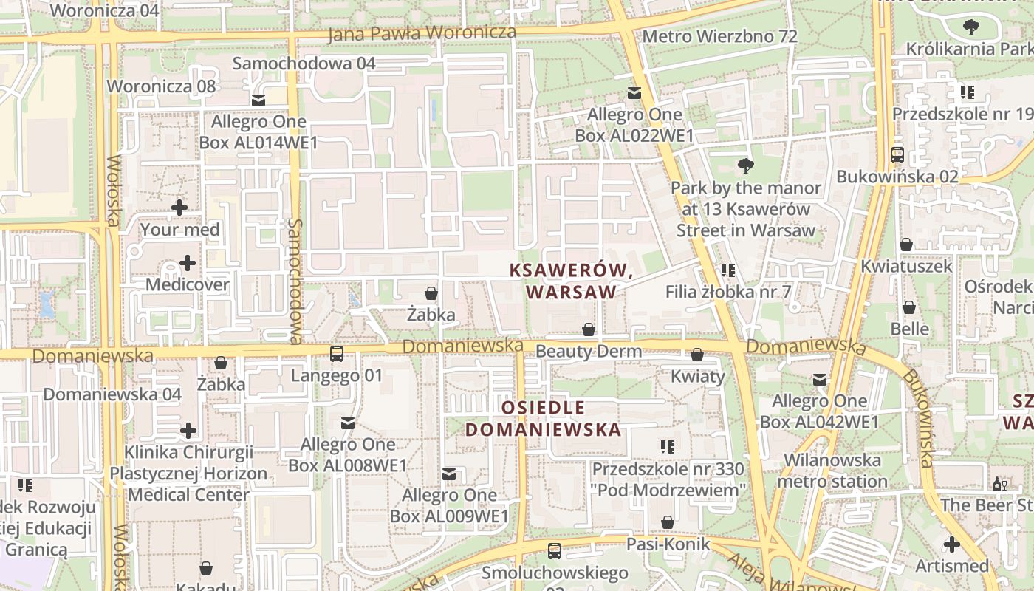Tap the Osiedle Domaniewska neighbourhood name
pos(543,419)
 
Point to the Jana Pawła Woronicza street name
pos(422,33)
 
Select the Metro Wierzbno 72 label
pos(720,36)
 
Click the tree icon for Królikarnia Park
pos(971,28)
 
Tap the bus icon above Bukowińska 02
pos(897,155)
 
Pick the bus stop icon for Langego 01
pos(337,354)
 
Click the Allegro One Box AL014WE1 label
pos(258,131)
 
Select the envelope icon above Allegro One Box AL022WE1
pos(634,93)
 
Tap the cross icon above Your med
pos(179,208)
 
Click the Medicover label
pos(188,284)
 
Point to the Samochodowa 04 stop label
pos(304,64)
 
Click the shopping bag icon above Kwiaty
pos(697,355)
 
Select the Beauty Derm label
pos(589,351)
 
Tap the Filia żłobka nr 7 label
pos(728,292)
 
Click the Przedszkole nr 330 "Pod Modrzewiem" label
pos(668,479)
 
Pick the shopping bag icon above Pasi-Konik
pos(668,523)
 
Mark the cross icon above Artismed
pos(952,545)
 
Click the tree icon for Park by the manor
pos(746,165)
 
